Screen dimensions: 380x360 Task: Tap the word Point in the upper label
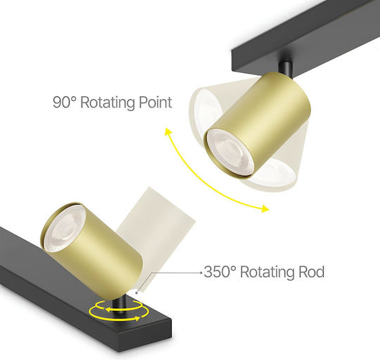pos(156,102)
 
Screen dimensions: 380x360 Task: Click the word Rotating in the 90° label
pos(108,103)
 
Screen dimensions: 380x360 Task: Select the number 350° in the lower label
pos(220,271)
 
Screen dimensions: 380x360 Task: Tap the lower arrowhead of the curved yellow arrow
pos(265,209)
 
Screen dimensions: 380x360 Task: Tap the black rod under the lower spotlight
pos(120,304)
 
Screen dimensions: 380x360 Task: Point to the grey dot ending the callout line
pos(137,292)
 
